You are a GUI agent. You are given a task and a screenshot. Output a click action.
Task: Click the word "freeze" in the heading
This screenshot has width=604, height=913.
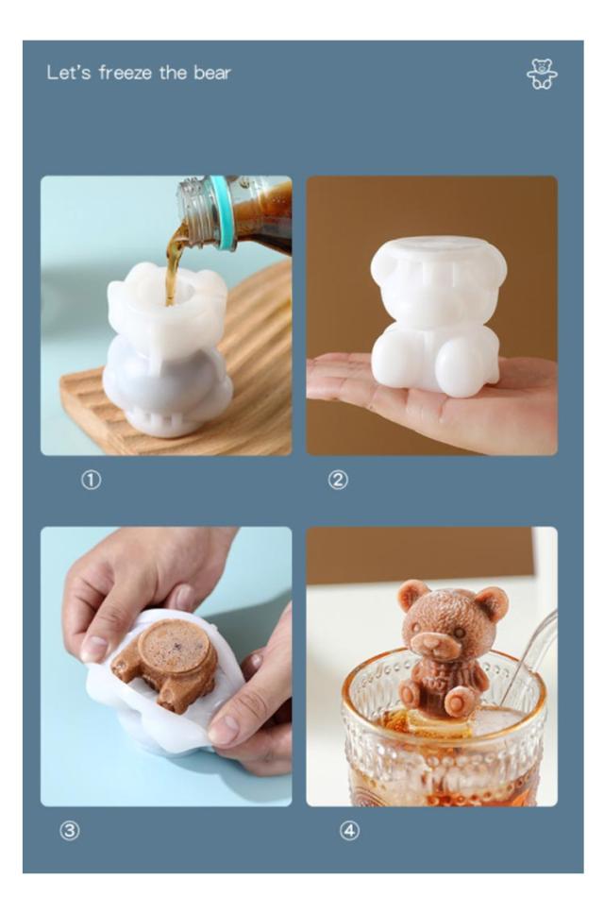point(126,73)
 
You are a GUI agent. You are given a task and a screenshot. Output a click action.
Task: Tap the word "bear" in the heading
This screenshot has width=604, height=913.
point(211,73)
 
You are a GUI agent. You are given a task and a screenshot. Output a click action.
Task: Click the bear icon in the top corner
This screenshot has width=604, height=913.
point(542,74)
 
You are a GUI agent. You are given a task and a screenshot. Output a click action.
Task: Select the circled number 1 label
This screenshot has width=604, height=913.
point(91,481)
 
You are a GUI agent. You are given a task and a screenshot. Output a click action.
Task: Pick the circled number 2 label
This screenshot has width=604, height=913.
point(338,481)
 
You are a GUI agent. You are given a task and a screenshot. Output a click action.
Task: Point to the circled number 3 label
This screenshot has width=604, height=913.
point(70,830)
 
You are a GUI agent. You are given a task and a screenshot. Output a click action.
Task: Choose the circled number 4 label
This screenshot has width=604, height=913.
point(349,830)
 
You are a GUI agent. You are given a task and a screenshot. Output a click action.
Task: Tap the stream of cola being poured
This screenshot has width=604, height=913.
point(175,262)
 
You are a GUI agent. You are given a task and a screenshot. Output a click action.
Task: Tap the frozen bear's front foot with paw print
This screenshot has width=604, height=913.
point(461,702)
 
